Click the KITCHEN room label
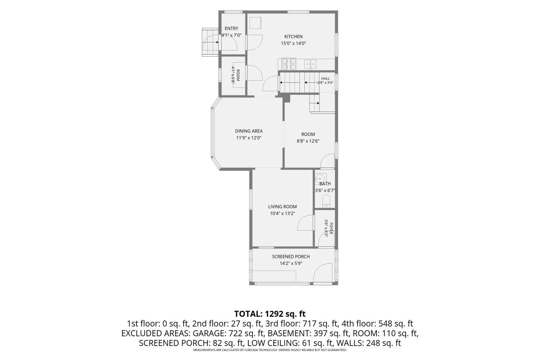(x=293, y=37)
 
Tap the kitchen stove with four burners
(x=289, y=64)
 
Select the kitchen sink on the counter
(x=310, y=64)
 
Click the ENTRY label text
(x=231, y=28)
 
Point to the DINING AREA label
(x=249, y=131)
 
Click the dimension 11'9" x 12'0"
(x=249, y=138)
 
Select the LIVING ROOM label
(x=283, y=207)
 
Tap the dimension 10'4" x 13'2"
(x=283, y=213)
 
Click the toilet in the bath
(x=326, y=201)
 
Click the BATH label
(x=325, y=184)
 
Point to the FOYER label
(x=331, y=228)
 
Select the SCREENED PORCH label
(x=291, y=257)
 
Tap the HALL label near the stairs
(x=325, y=78)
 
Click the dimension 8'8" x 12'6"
(x=308, y=141)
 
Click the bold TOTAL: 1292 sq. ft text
(x=270, y=314)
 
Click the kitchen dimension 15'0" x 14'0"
(x=293, y=44)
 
